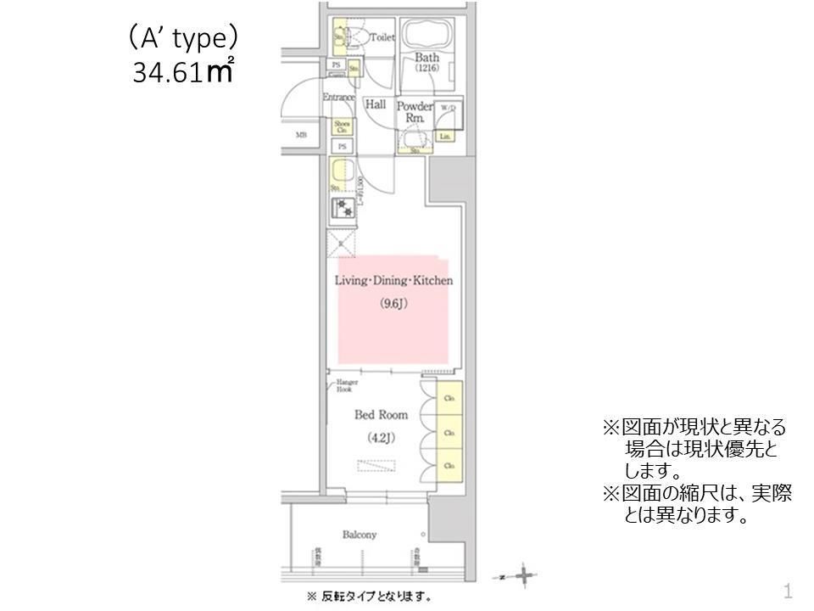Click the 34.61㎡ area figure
[182, 71]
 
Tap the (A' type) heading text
[182, 39]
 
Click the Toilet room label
[382, 37]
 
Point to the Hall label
[375, 104]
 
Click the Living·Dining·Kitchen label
[394, 280]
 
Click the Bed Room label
[381, 415]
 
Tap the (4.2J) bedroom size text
[381, 438]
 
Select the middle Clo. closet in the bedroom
[449, 432]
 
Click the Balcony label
[360, 535]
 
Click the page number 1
[788, 590]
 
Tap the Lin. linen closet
[444, 136]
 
